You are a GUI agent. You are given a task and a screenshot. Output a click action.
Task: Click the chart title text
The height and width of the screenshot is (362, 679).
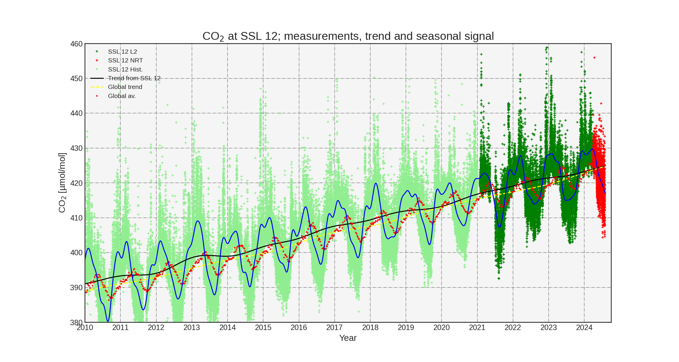tap(348, 36)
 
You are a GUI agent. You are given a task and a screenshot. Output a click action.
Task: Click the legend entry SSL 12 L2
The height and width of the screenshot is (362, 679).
tap(122, 52)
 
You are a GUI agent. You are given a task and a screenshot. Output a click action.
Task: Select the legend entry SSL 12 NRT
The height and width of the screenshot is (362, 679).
tap(125, 60)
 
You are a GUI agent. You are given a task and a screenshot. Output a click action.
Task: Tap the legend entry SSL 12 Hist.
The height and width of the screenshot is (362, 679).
tap(125, 69)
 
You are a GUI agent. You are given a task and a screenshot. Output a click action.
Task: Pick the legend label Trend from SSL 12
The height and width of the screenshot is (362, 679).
tap(134, 78)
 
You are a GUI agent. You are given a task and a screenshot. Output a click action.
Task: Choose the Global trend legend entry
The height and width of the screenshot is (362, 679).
tap(125, 87)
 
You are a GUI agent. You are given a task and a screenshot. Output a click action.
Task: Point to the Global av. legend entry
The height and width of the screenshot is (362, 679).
tap(122, 96)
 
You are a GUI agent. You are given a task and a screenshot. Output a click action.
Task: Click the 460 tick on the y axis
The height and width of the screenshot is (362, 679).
tap(76, 44)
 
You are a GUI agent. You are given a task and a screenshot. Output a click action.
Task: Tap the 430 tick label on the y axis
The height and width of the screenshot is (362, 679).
tap(76, 148)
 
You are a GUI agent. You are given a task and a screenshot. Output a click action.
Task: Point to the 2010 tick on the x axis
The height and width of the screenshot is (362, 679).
tap(85, 328)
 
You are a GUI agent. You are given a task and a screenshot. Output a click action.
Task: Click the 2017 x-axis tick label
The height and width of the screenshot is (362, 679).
tap(334, 328)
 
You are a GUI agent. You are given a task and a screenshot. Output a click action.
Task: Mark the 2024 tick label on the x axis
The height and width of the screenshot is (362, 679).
tap(584, 328)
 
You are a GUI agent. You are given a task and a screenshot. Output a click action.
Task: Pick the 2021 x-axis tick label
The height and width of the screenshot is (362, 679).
tap(477, 328)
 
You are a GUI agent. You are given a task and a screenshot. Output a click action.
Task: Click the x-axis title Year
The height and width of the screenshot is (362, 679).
tap(348, 338)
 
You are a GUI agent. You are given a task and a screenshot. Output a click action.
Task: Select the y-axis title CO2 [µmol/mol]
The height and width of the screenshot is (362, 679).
tap(62, 183)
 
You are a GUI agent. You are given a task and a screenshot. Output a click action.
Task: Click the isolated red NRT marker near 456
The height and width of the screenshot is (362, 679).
tap(595, 58)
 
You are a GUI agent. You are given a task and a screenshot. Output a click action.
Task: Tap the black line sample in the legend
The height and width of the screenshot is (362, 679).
tap(97, 78)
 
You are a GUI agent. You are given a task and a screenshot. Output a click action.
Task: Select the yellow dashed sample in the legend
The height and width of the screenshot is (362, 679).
tap(97, 87)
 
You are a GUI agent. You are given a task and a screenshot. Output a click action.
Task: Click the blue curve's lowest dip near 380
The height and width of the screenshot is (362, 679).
tap(108, 321)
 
